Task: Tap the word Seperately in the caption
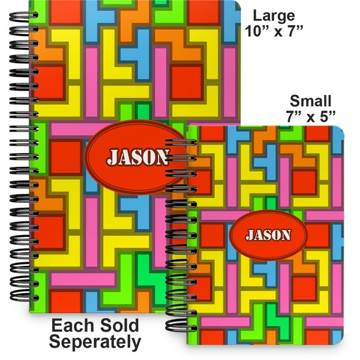95,343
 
